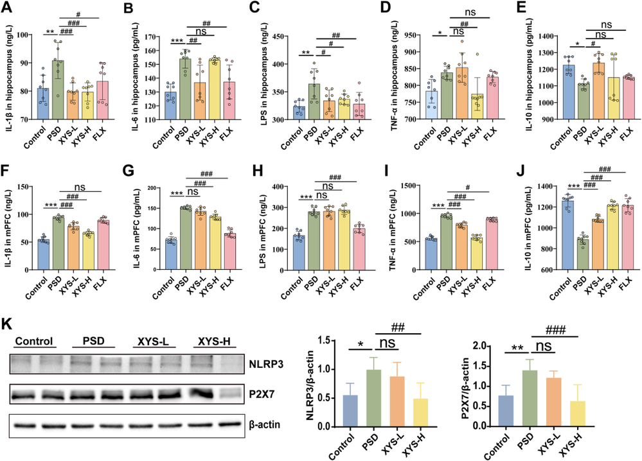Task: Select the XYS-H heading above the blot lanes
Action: coord(210,341)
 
